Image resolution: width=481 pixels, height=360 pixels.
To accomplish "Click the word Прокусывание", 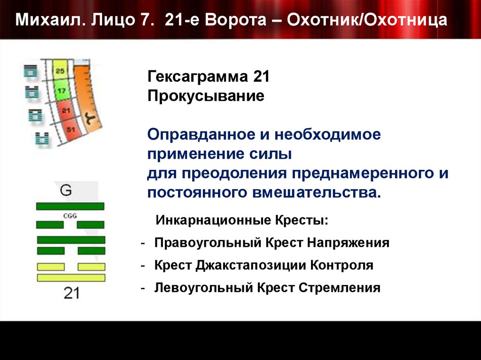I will tap(206, 97).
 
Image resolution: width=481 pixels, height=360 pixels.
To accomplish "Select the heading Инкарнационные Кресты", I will tap(243, 220).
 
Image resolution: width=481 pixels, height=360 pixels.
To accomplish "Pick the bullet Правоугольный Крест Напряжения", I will tap(272, 243).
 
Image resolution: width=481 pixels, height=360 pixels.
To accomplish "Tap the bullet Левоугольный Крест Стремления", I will tap(267, 287).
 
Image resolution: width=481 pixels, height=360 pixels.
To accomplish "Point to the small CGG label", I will tap(69, 216).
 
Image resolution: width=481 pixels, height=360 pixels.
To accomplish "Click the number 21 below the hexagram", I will tap(71, 293).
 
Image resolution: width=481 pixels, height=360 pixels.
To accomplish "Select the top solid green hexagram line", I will tap(70, 206).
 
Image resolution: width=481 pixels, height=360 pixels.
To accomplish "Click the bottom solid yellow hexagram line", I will tap(71, 278).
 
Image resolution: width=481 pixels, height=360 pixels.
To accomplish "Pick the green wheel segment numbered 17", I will tap(62, 91).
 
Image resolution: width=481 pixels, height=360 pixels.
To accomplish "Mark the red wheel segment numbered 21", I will tap(66, 110).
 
